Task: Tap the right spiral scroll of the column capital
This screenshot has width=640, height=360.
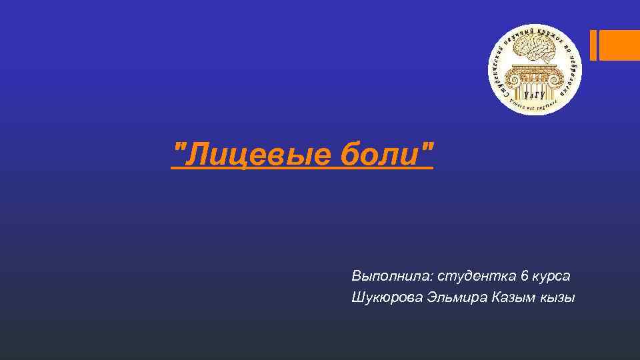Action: coord(557,72)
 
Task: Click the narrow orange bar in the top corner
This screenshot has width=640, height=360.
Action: coord(593,45)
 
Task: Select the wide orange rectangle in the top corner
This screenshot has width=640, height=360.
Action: coord(619,45)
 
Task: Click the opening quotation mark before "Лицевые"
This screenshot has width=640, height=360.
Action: coord(177,148)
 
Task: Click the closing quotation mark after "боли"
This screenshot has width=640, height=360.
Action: coord(427,148)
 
